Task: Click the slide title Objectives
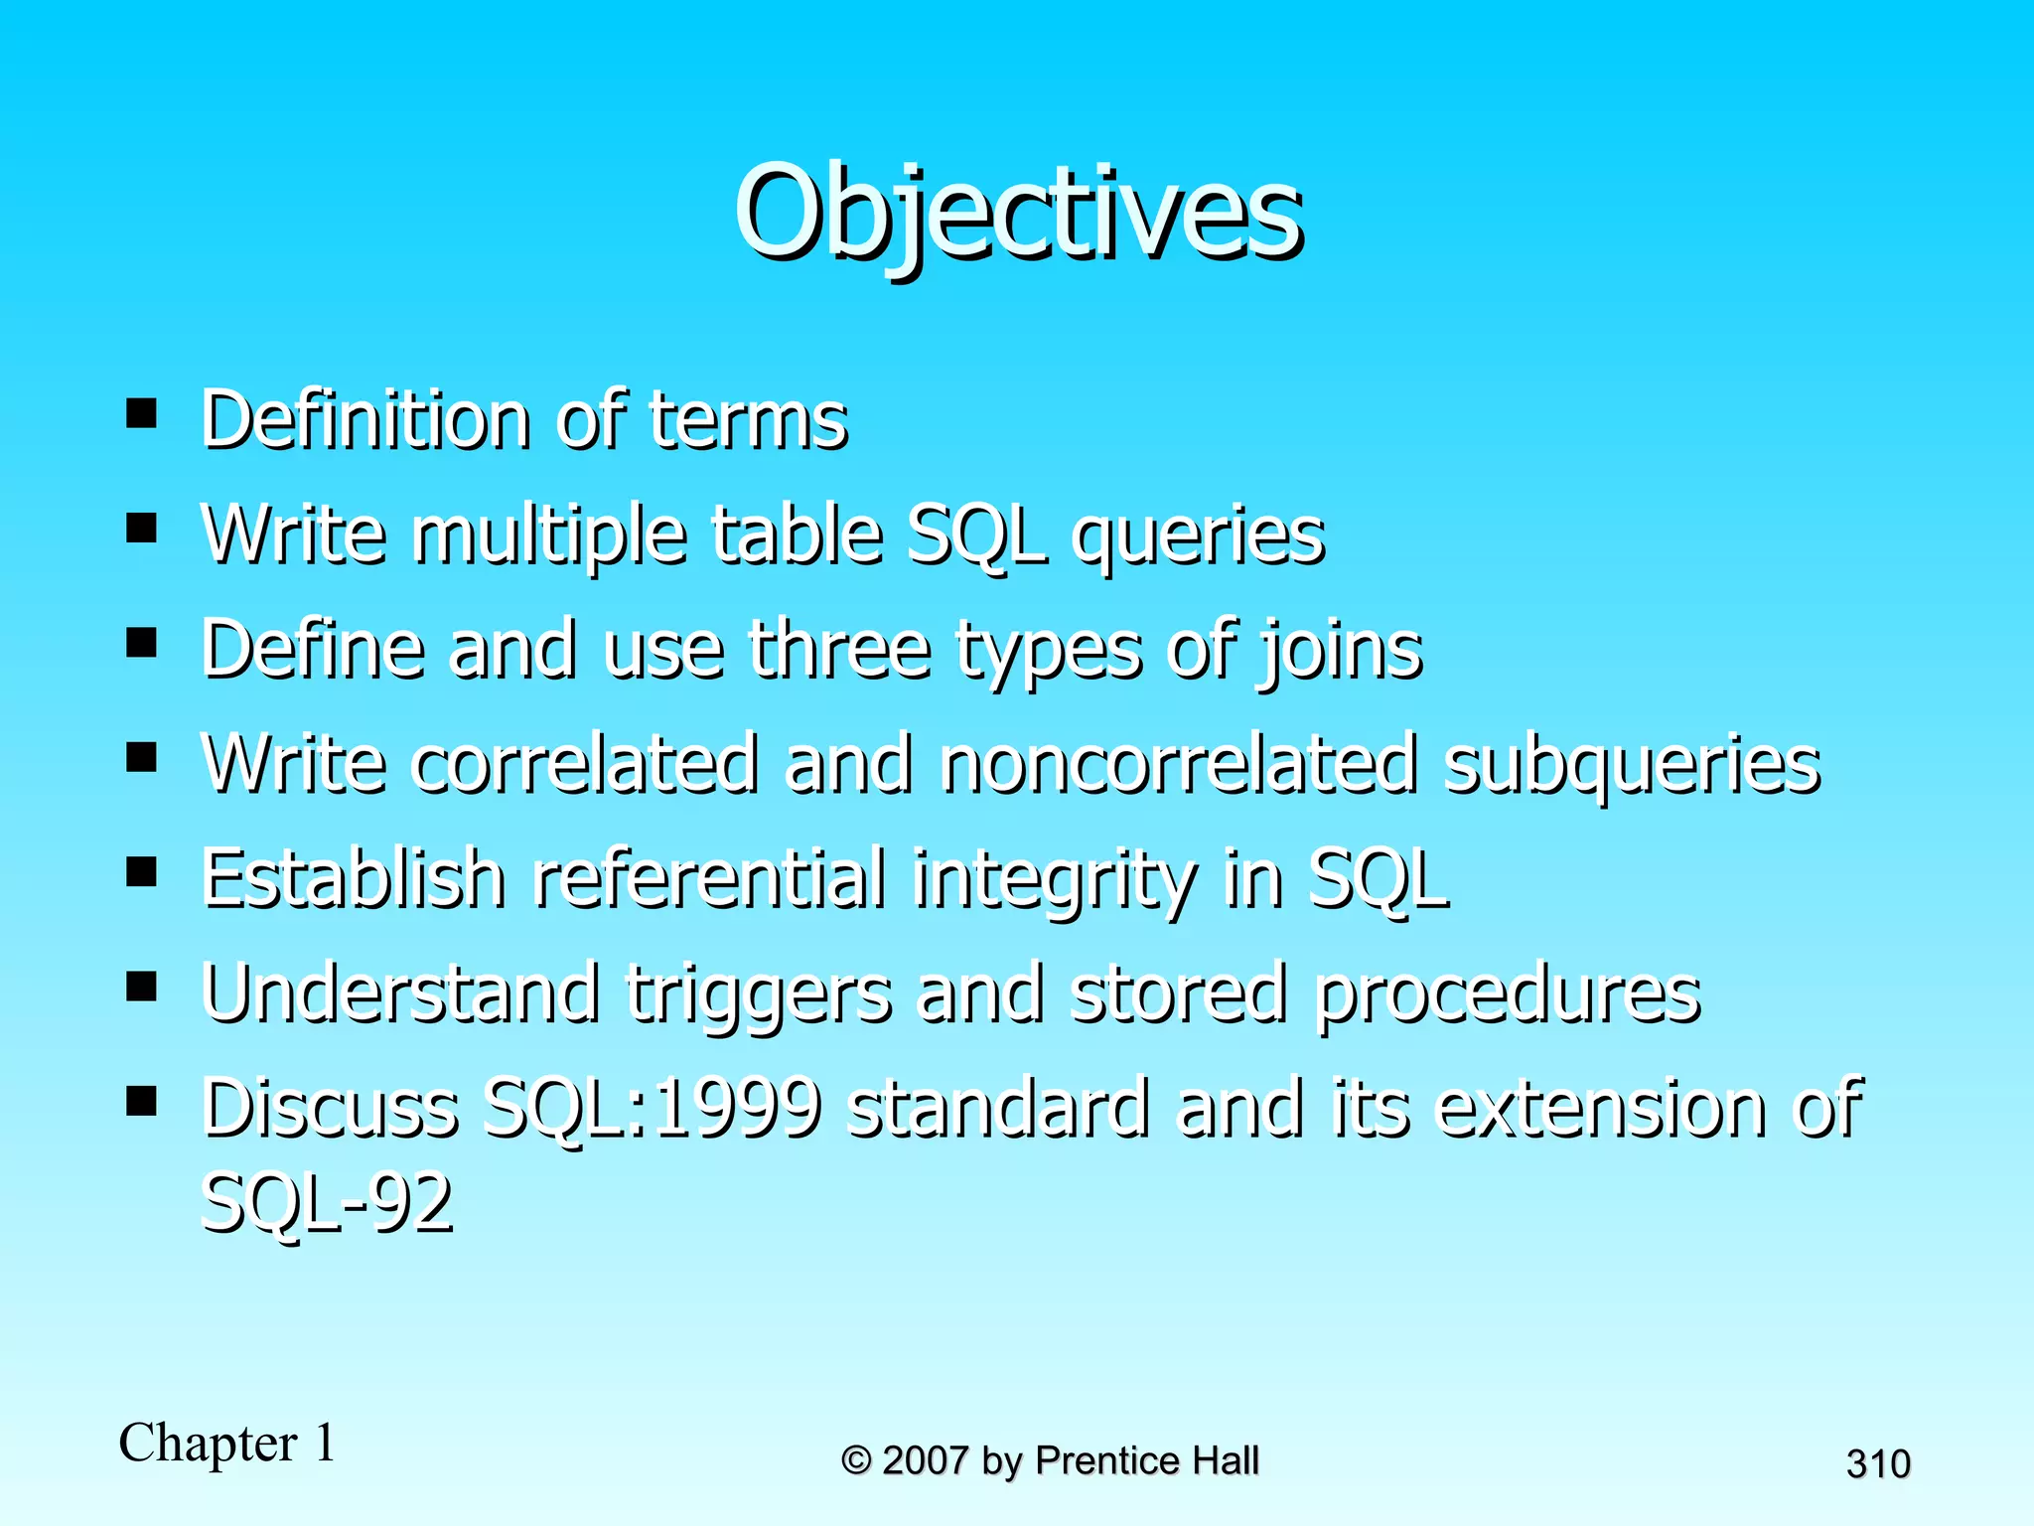tap(1017, 214)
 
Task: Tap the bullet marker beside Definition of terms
tap(142, 412)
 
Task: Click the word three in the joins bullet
tap(840, 650)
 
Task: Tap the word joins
tap(1340, 652)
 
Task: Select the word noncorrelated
tap(1179, 765)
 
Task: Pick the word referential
tap(709, 878)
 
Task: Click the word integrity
tap(1055, 880)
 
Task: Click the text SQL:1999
tap(652, 1109)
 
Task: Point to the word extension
tap(1601, 1109)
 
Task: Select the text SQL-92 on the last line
tap(327, 1203)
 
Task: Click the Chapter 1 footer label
tap(227, 1444)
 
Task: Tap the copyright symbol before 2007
tap(856, 1460)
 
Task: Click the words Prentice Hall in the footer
tap(1147, 1460)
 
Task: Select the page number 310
tap(1878, 1464)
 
